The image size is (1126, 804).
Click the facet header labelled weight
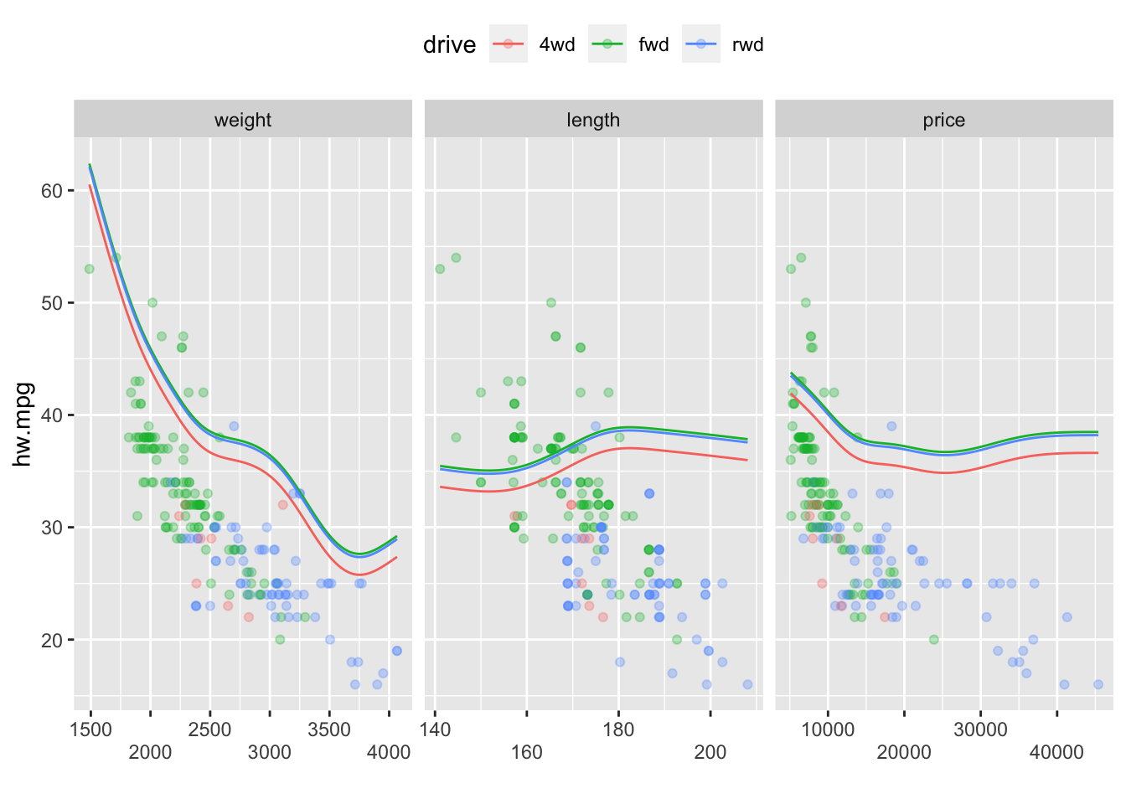pos(243,120)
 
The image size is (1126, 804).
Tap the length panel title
pos(593,120)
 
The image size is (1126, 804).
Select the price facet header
pos(944,120)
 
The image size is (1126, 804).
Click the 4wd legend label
pos(557,44)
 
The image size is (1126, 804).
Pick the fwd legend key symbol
pos(607,44)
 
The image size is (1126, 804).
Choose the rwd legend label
pos(747,44)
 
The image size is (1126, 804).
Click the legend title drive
pos(449,44)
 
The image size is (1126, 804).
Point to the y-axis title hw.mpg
pos(23,425)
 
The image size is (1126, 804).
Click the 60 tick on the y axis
pos(52,191)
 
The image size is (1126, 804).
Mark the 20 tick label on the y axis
pos(52,640)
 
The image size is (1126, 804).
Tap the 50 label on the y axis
pos(52,303)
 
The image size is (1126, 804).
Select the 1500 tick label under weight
pos(90,729)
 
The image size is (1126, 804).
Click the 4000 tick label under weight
pos(389,752)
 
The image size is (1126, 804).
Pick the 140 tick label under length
pos(435,729)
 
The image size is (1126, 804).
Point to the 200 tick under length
pos(710,752)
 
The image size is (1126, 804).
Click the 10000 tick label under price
pos(828,729)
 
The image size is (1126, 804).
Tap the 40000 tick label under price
pos(1056,752)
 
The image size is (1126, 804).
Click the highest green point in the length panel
pos(456,258)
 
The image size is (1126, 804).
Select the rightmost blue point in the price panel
pos(1098,684)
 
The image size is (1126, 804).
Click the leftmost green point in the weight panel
pos(89,269)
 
